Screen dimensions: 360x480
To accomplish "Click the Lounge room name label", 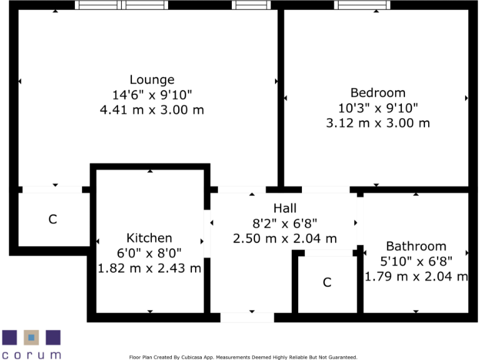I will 152,80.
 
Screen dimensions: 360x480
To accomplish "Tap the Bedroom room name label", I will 377,93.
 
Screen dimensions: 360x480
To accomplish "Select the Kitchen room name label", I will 149,238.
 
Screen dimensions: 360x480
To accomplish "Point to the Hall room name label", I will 285,209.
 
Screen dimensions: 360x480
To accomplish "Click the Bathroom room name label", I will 416,246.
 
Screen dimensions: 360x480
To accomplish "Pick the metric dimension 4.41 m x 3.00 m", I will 152,110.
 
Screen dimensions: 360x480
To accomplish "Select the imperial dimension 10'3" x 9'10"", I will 377,108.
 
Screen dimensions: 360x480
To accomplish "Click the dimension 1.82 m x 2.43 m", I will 149,269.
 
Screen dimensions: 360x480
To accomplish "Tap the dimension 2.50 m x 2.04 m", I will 285,239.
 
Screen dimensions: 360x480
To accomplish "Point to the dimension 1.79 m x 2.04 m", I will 416,276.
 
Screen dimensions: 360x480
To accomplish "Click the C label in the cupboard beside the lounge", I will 53,219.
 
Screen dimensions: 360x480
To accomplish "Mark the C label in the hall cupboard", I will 327,282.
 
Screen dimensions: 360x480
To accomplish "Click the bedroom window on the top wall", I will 362,5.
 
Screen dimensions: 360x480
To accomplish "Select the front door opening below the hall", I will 247,317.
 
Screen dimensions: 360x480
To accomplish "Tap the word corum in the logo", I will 31,354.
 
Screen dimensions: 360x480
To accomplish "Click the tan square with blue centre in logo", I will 31,338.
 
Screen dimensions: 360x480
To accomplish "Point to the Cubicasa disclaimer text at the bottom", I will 243,357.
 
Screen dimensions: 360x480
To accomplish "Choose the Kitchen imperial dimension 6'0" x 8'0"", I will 149,254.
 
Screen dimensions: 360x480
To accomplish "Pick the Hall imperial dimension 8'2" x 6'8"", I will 285,224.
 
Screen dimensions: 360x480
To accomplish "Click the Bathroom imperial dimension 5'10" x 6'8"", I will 416,261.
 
